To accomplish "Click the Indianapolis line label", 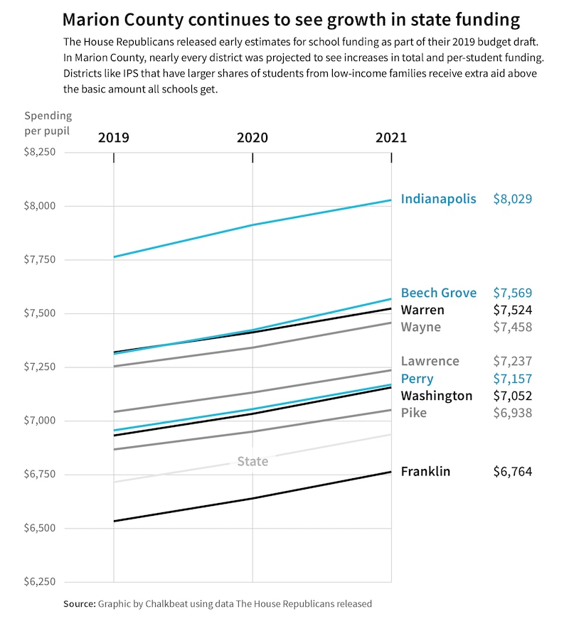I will (438, 199).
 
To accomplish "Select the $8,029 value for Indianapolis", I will (512, 199).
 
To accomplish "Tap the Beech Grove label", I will (438, 293).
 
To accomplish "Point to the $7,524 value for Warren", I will (512, 310).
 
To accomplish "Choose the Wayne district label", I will (420, 327).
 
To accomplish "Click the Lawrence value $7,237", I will (512, 361).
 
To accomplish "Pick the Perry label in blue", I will (417, 379).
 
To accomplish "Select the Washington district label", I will (436, 396).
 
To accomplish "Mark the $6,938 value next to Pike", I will (512, 413).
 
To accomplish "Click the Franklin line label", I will (425, 471).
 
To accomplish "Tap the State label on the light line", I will (252, 462).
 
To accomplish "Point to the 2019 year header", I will (114, 137).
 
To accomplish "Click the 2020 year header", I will (252, 137).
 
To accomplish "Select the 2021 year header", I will (391, 137).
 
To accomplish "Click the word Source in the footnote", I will (79, 604).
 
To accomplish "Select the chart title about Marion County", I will (291, 18).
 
